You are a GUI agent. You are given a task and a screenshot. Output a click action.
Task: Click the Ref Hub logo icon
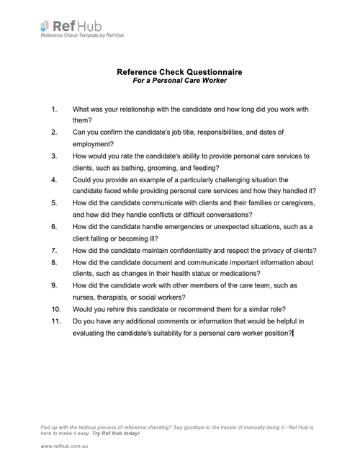point(45,26)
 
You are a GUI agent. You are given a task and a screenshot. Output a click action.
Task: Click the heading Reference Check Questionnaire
point(180,72)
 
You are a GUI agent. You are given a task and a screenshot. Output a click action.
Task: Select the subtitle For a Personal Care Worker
point(180,81)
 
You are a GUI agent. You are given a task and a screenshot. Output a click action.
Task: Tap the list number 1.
point(55,110)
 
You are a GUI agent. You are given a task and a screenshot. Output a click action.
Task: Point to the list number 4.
point(55,179)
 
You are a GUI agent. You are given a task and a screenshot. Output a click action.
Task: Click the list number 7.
point(55,250)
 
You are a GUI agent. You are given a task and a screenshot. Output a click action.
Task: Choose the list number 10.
point(56,308)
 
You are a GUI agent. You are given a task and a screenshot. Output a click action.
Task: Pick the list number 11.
point(56,321)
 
